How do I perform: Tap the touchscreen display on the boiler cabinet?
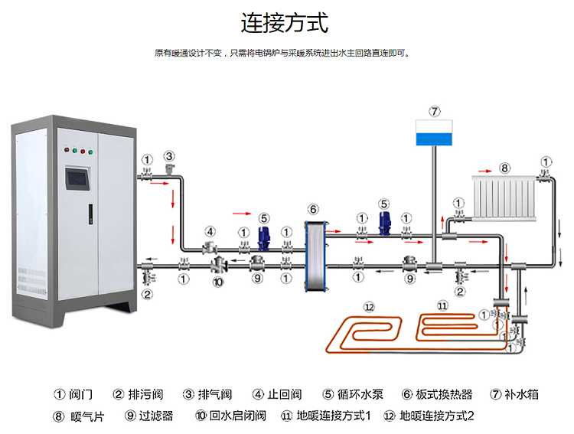tap(77, 178)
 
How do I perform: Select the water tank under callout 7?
tap(434, 132)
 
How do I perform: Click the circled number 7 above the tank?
tap(435, 111)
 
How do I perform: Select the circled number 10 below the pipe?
tap(217, 282)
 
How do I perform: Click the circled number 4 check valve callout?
tap(210, 231)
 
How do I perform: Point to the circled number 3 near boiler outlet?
tap(169, 156)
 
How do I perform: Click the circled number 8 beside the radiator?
tap(504, 167)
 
